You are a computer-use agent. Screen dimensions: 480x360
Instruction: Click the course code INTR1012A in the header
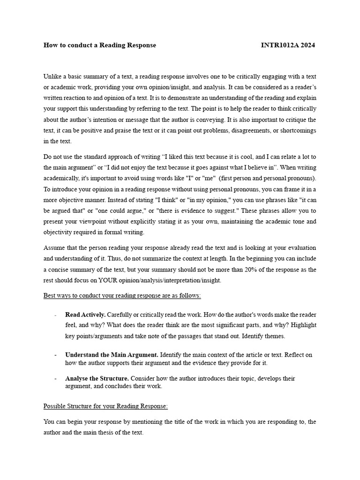pyautogui.click(x=280, y=45)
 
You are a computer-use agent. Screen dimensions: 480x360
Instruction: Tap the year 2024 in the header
pyautogui.click(x=307, y=45)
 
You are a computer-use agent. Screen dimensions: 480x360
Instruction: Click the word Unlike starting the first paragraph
pyautogui.click(x=52, y=76)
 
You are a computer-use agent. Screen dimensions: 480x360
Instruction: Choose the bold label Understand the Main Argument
pyautogui.click(x=112, y=355)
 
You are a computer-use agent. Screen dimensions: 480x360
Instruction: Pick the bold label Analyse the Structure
pyautogui.click(x=97, y=378)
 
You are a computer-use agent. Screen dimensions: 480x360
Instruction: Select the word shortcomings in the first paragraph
pyautogui.click(x=297, y=130)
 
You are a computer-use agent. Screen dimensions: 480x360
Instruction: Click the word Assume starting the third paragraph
pyautogui.click(x=55, y=247)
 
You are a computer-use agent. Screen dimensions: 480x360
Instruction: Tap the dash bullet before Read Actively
pyautogui.click(x=56, y=315)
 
